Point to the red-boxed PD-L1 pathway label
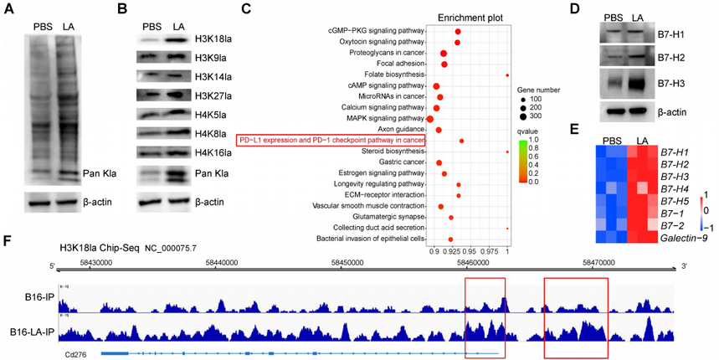(331, 141)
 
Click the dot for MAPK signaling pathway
(430, 119)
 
